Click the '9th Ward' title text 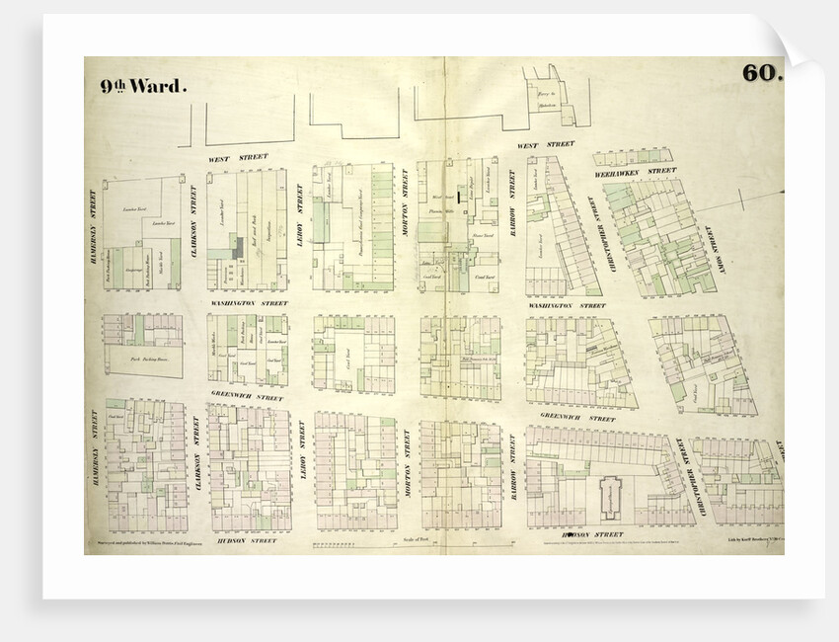141,86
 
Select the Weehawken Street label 635,170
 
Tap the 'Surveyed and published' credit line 145,541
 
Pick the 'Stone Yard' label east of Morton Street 483,235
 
